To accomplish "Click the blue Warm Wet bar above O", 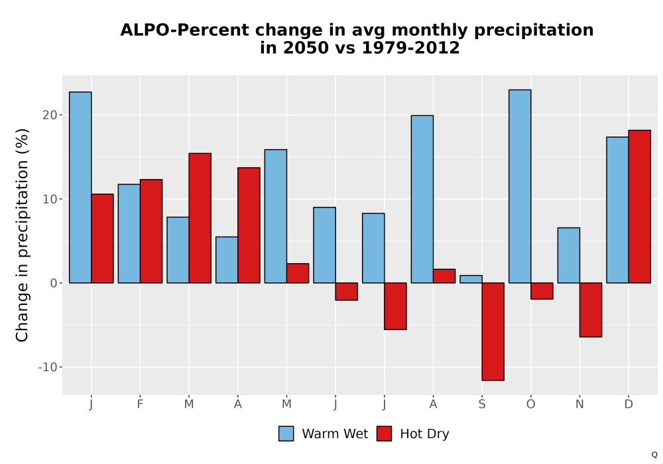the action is pyautogui.click(x=520, y=186).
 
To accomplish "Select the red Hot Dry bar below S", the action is pyautogui.click(x=493, y=331).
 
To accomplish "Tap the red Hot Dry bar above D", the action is pyautogui.click(x=639, y=207).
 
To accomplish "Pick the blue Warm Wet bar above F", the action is pyautogui.click(x=129, y=234).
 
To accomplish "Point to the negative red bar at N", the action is pyautogui.click(x=591, y=310).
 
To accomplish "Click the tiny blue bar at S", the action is pyautogui.click(x=471, y=279).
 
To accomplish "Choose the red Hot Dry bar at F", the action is pyautogui.click(x=151, y=231).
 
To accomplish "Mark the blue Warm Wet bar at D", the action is pyautogui.click(x=617, y=210).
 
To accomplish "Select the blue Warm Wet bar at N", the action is pyautogui.click(x=569, y=255).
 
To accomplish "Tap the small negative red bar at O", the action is pyautogui.click(x=542, y=291).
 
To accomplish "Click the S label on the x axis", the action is pyautogui.click(x=481, y=404).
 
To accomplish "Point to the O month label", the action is pyautogui.click(x=530, y=404).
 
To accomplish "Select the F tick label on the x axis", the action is pyautogui.click(x=140, y=404).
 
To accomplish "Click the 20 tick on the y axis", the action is pyautogui.click(x=50, y=115).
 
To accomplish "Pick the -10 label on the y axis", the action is pyautogui.click(x=47, y=367).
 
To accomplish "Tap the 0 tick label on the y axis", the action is pyautogui.click(x=53, y=283).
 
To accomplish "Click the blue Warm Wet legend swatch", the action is pyautogui.click(x=286, y=434).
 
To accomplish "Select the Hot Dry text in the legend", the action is pyautogui.click(x=424, y=434).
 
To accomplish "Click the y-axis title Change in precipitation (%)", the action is pyautogui.click(x=22, y=235).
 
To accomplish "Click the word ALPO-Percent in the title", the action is pyautogui.click(x=184, y=30).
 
